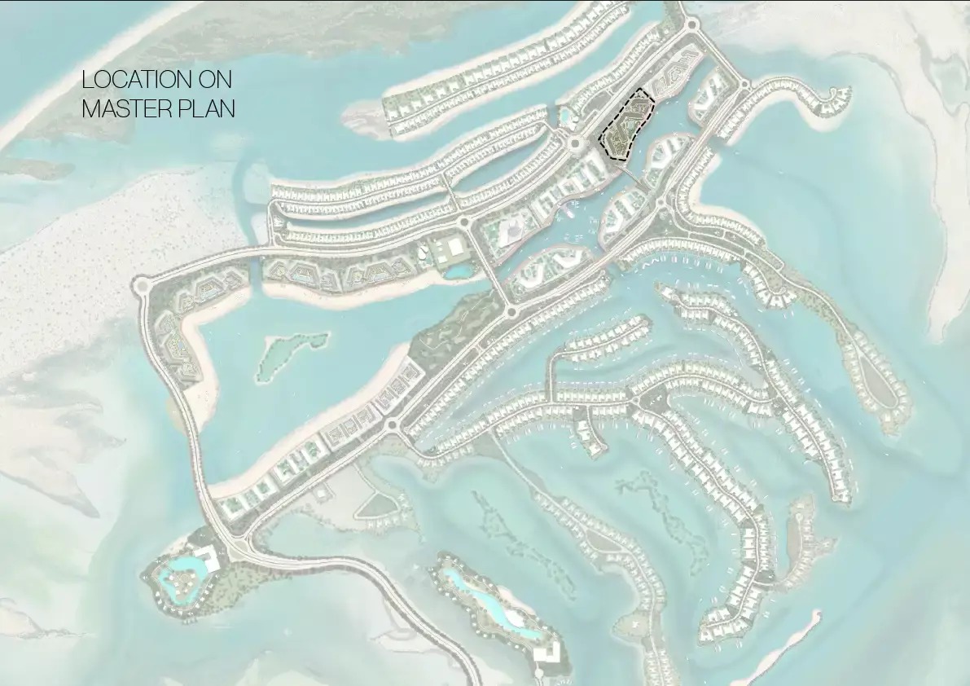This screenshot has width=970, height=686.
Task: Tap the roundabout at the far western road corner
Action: (x=143, y=286)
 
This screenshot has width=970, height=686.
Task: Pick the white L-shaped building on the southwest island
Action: (x=207, y=558)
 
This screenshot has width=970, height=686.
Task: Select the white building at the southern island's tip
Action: (x=547, y=651)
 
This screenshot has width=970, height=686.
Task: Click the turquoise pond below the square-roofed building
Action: (x=459, y=270)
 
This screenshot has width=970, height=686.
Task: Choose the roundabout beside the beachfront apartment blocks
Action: (x=391, y=424)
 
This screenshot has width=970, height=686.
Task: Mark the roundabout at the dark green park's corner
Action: (x=511, y=311)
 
